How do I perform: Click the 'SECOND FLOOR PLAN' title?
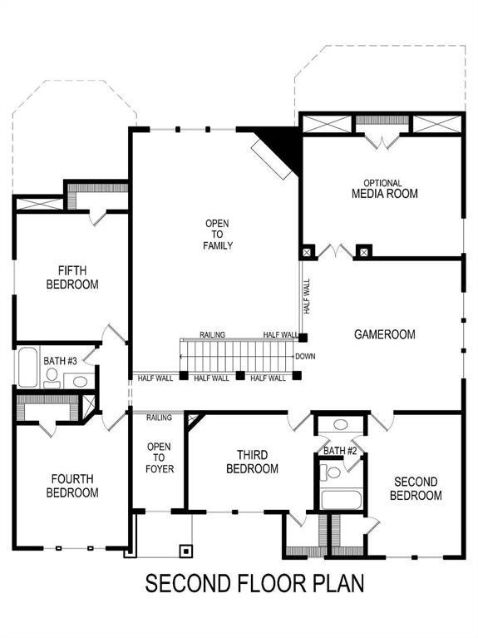254,583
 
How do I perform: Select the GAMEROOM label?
384,334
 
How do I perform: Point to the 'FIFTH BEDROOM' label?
78,278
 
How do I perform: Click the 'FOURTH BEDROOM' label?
74,486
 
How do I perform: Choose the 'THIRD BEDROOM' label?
252,462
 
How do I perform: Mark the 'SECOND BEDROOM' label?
416,488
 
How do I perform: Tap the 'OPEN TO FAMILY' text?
219,235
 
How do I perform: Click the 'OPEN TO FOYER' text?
159,457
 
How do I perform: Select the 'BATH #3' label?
60,361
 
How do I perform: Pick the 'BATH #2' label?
340,451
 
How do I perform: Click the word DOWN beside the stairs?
304,356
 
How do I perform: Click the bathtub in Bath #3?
27,368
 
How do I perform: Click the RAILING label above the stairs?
212,334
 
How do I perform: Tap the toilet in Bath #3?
52,378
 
